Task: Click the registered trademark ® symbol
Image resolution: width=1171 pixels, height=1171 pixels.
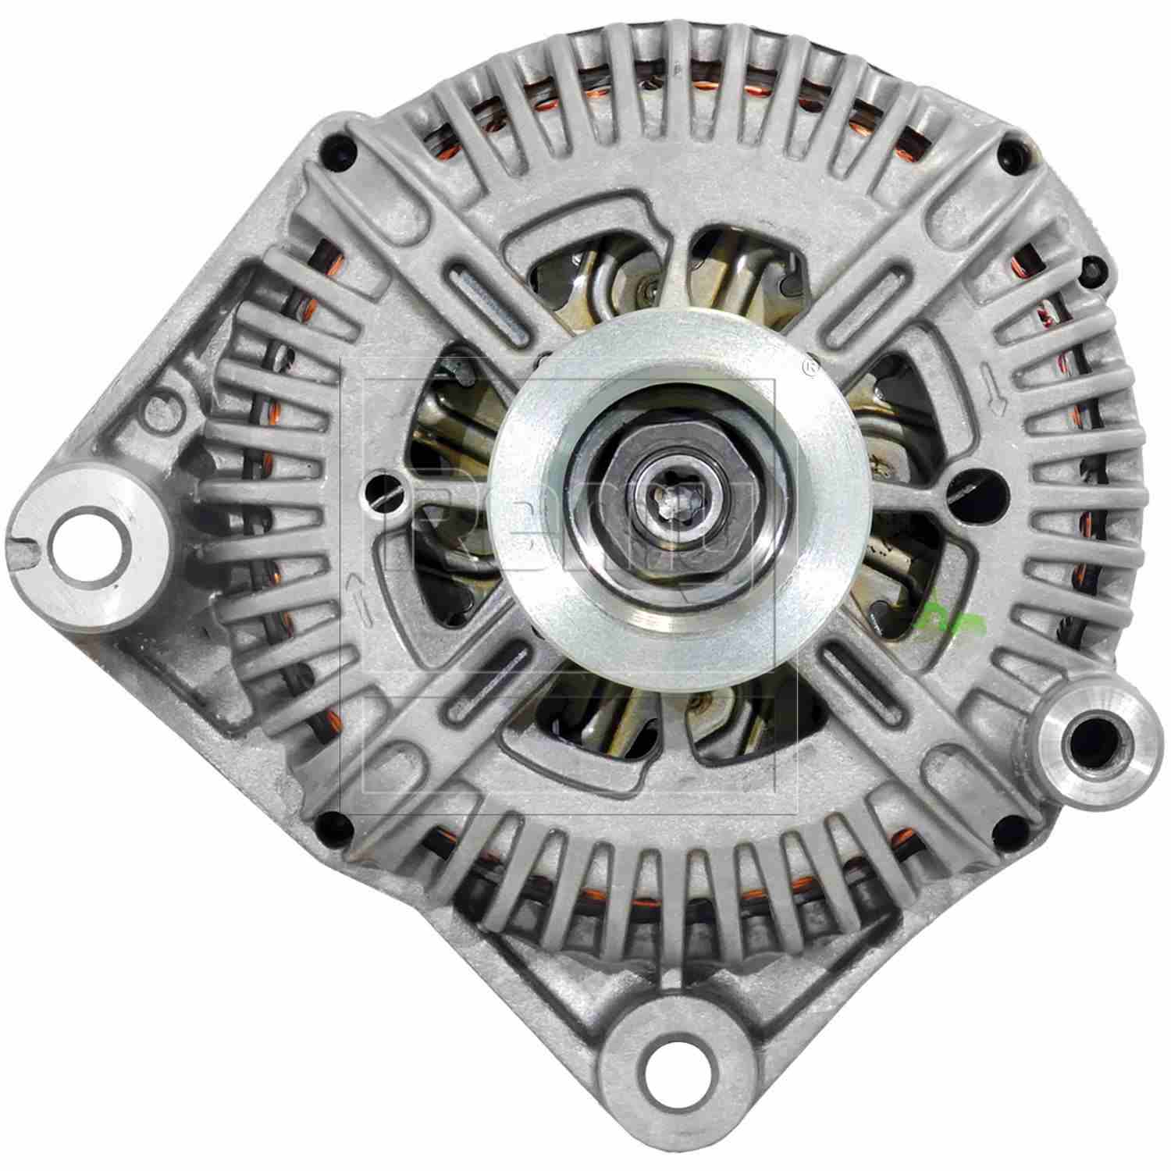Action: tap(809, 367)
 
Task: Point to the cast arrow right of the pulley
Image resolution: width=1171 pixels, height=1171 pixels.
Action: tap(993, 390)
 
